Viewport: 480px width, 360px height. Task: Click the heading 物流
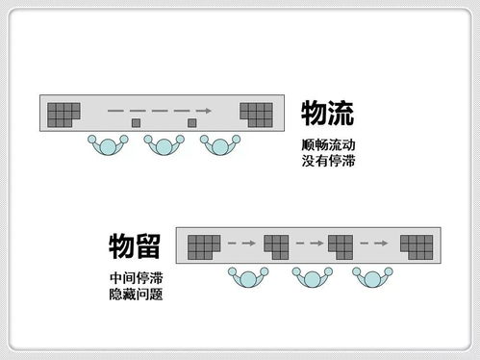click(328, 114)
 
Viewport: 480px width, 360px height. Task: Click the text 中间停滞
click(136, 277)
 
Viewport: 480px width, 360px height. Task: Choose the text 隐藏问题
click(136, 293)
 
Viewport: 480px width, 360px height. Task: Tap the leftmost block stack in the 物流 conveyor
click(63, 114)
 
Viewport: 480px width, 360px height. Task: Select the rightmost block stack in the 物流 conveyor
click(255, 114)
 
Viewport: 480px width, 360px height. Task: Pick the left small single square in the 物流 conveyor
click(136, 123)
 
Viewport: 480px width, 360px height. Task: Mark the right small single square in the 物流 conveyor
click(191, 123)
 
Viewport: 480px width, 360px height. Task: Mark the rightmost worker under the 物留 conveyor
click(376, 278)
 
